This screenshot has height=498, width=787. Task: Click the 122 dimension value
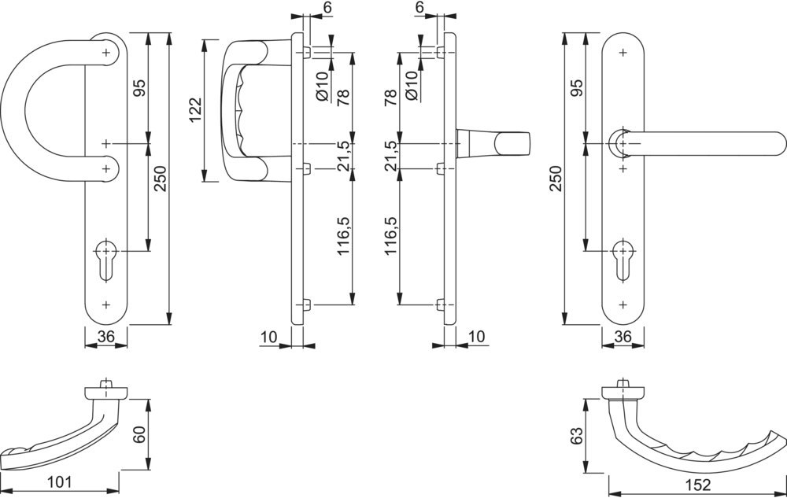[x=195, y=110]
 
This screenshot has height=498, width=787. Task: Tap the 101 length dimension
[x=59, y=482]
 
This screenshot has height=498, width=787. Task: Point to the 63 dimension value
[x=577, y=435]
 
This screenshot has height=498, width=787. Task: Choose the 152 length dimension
[x=698, y=485]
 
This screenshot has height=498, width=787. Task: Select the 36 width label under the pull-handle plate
[x=106, y=337]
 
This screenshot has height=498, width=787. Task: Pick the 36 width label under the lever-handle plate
[x=623, y=337]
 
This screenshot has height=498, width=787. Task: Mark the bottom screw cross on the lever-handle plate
[x=623, y=304]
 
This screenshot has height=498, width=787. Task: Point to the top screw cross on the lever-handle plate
[x=623, y=53]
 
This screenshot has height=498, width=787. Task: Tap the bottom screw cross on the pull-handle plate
[x=106, y=304]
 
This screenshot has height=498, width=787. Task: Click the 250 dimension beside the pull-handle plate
[x=161, y=179]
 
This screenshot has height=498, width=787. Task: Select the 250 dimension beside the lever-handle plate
[x=557, y=179]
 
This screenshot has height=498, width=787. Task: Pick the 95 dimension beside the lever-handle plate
[x=577, y=88]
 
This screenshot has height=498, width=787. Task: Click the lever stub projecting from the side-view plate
[x=493, y=142]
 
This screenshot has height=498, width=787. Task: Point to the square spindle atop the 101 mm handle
[x=106, y=384]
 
